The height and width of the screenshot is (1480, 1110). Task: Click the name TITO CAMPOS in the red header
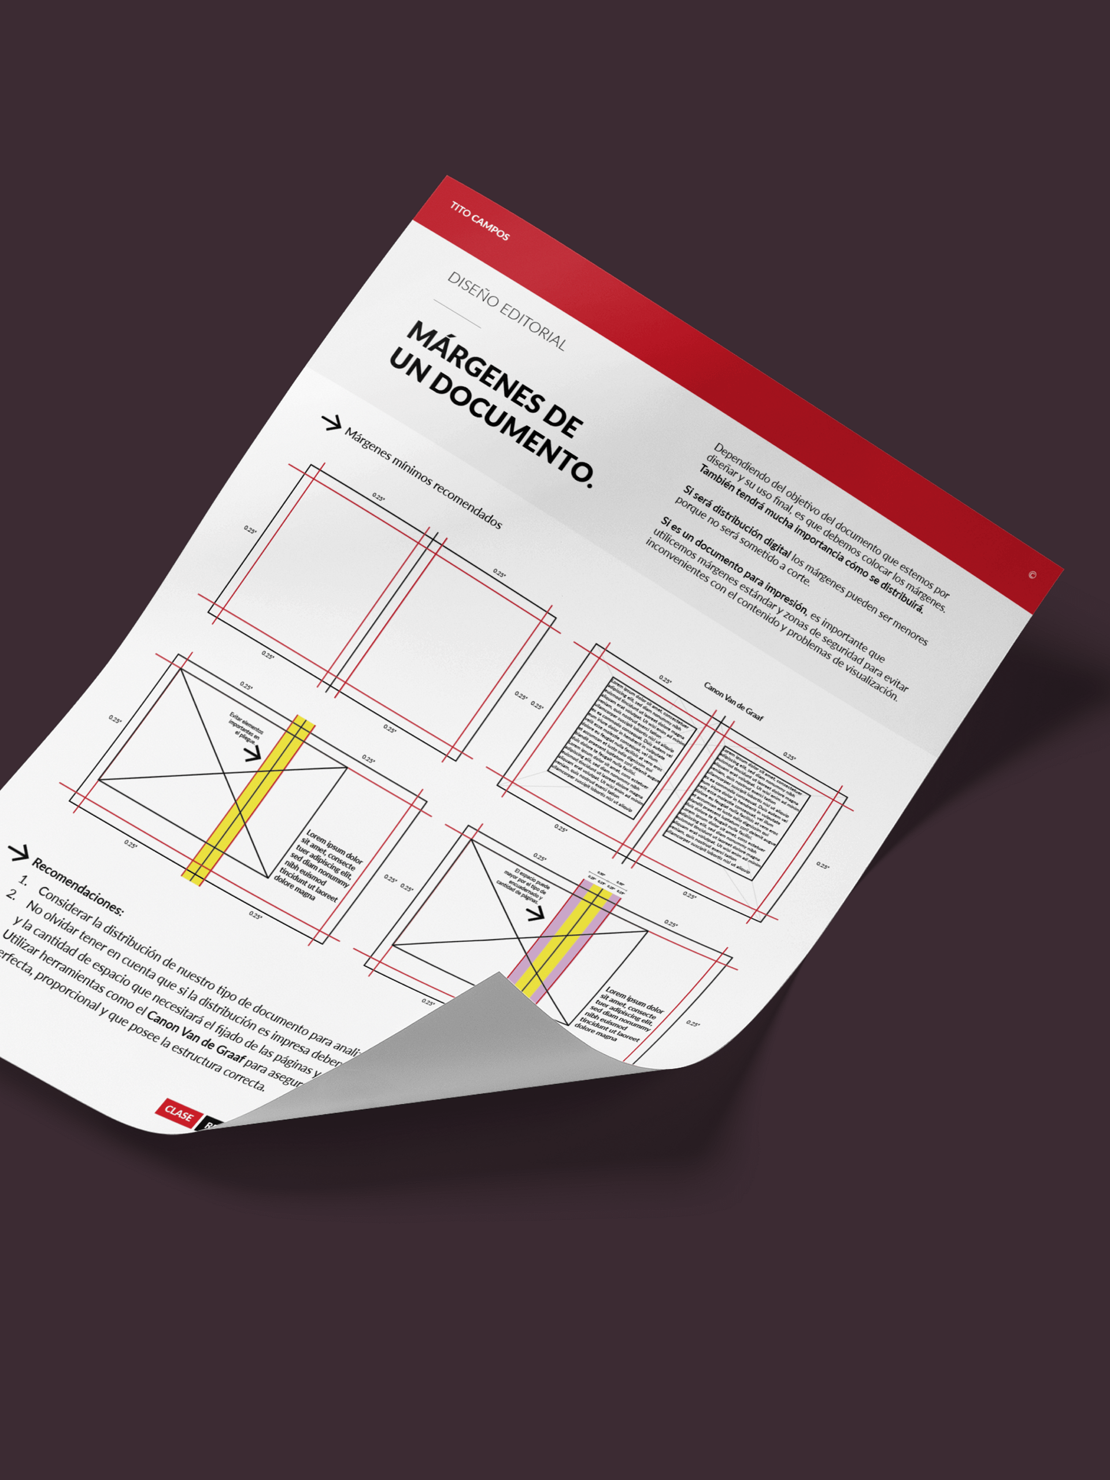(x=480, y=221)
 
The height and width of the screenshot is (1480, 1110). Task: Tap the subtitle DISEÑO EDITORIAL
(x=506, y=311)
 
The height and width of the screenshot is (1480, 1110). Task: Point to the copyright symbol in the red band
(x=1032, y=575)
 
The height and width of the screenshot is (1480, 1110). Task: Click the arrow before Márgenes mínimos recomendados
(x=331, y=423)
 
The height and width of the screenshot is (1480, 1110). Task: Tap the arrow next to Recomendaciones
(x=18, y=853)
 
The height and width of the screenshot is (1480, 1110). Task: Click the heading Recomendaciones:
(x=77, y=886)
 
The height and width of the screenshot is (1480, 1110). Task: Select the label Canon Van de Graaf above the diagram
(x=733, y=701)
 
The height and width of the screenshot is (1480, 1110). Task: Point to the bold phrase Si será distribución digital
(x=736, y=528)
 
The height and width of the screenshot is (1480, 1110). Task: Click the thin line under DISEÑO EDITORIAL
(x=457, y=314)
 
